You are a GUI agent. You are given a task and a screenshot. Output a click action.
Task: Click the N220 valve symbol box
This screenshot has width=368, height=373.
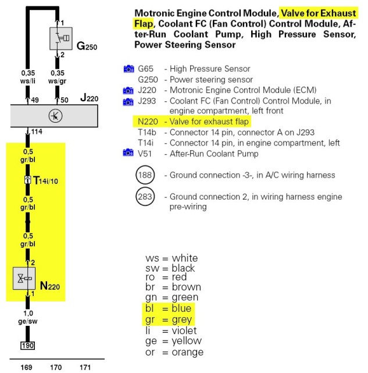[25, 279]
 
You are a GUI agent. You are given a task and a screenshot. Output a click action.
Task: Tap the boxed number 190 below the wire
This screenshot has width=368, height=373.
[27, 346]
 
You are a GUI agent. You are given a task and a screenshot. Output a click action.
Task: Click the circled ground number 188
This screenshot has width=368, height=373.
[144, 175]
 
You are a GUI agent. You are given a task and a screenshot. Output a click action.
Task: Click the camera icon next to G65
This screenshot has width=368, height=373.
[128, 69]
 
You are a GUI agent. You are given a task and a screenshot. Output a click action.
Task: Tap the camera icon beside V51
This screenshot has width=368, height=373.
[128, 153]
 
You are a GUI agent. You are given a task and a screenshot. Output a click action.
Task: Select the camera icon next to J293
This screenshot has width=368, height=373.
[128, 101]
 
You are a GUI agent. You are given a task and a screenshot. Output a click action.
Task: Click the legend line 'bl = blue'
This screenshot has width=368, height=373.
[172, 308]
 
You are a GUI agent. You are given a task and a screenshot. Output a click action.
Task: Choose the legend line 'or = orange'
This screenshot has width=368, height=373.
[174, 352]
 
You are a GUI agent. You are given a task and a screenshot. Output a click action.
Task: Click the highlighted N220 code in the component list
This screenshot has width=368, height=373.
[148, 122]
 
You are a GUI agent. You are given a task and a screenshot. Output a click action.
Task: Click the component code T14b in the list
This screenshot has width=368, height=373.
[148, 132]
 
